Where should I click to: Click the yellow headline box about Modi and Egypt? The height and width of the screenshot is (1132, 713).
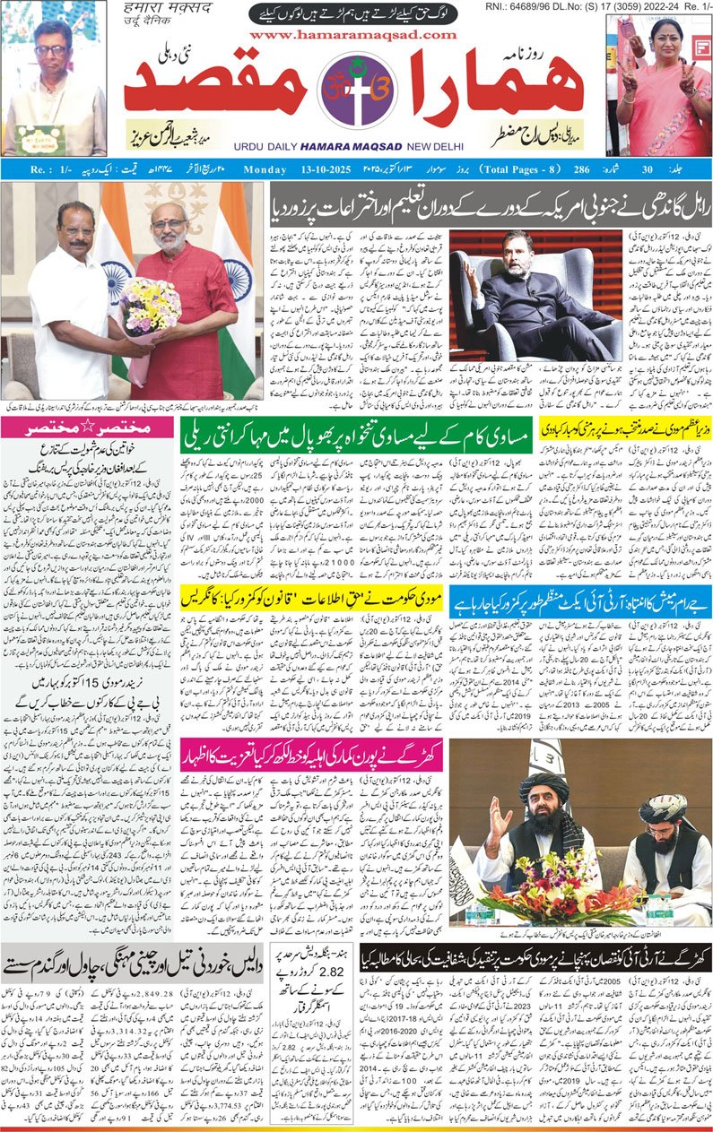coord(625,428)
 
